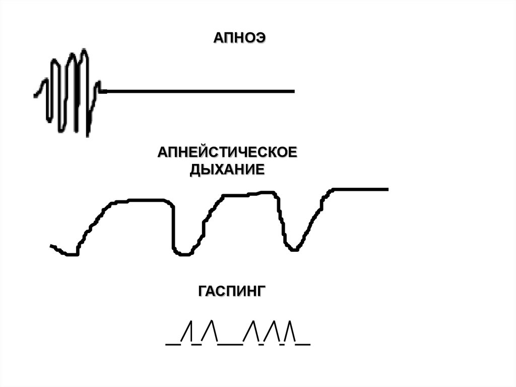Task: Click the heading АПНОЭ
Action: [239, 38]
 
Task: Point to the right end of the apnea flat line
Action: [293, 91]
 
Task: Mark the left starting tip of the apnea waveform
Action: [35, 95]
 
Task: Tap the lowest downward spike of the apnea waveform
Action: [88, 135]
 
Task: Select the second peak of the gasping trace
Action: [212, 321]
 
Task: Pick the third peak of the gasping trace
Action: [252, 321]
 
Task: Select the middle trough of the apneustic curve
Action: [183, 254]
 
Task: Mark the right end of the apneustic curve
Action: [387, 189]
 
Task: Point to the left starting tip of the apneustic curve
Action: [51, 246]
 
